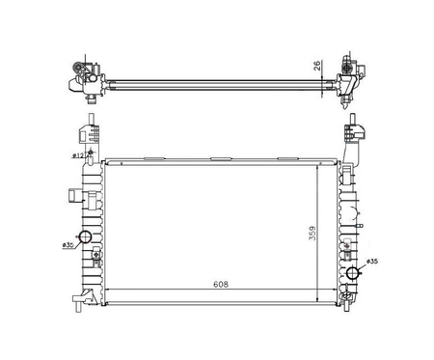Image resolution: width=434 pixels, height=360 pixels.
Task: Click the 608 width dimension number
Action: pyautogui.click(x=221, y=285)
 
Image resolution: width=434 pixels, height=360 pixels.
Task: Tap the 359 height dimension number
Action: pyautogui.click(x=312, y=234)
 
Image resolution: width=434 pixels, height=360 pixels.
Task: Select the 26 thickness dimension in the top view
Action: pyautogui.click(x=317, y=66)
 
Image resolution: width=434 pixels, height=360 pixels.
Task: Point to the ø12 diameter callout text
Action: pyautogui.click(x=78, y=155)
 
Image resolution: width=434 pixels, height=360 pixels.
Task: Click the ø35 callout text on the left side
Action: pyautogui.click(x=68, y=245)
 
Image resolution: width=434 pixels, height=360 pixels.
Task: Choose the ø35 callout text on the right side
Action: pyautogui.click(x=372, y=262)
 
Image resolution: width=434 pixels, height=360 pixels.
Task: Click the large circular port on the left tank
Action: pyautogui.click(x=86, y=237)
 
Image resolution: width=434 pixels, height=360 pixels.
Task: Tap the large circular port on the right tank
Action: pyautogui.click(x=353, y=273)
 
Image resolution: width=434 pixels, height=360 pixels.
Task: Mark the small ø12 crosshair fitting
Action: pyautogui.click(x=91, y=152)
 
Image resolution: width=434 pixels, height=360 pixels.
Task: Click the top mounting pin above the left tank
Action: pyautogui.click(x=92, y=118)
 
